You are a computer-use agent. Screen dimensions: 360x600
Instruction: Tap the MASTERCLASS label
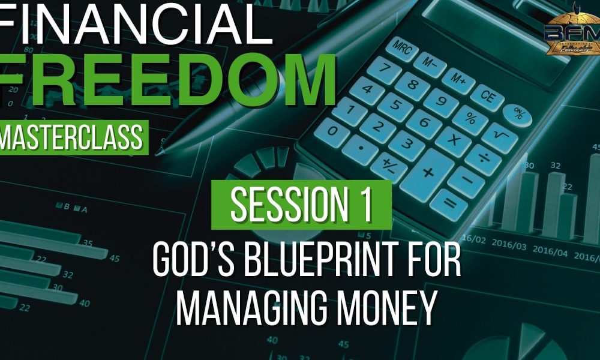click(72, 137)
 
